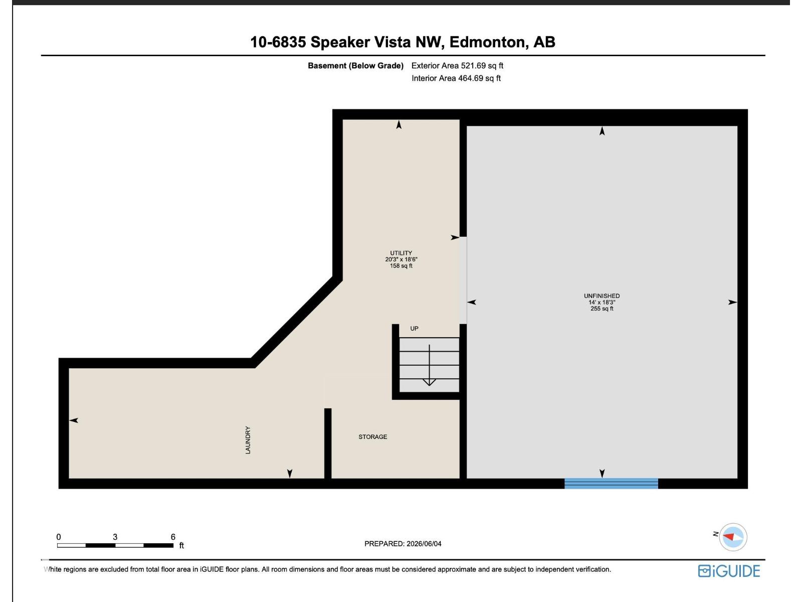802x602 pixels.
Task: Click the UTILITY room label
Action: point(401,253)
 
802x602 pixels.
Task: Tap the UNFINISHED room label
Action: point(601,295)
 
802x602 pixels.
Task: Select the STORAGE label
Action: point(373,437)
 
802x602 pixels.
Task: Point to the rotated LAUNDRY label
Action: point(248,440)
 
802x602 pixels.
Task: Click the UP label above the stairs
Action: point(414,328)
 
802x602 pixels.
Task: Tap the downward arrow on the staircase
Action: point(429,365)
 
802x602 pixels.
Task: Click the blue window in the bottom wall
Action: point(611,483)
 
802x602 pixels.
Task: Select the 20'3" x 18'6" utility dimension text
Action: point(401,259)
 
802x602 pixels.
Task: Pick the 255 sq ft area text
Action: point(601,309)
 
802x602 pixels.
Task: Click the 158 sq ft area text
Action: point(401,266)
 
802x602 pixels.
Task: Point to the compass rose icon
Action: point(733,537)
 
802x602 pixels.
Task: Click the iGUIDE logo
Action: point(728,571)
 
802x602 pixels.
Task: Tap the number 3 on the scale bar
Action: point(115,537)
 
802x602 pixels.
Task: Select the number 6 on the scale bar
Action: point(173,537)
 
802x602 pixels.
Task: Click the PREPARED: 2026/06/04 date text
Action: point(403,543)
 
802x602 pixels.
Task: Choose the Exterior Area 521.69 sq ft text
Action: point(457,66)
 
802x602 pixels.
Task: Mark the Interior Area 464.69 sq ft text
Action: point(456,78)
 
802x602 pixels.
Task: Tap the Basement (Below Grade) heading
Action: point(355,66)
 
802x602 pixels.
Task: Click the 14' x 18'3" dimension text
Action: point(601,303)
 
